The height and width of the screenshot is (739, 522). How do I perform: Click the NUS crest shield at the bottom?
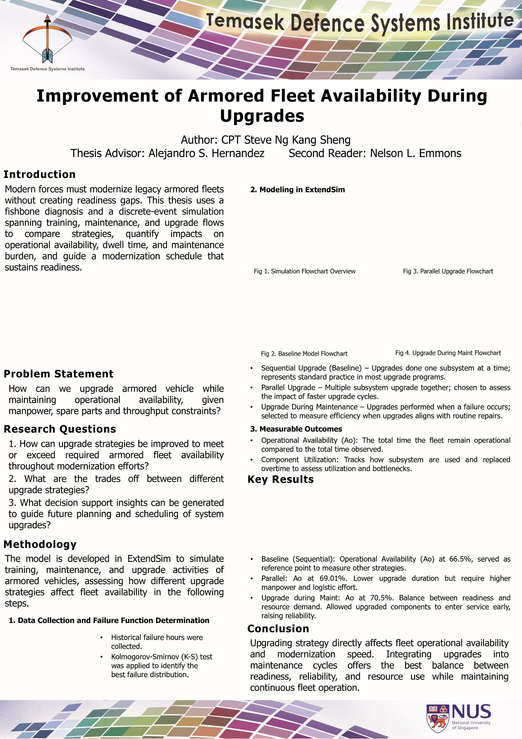(x=437, y=718)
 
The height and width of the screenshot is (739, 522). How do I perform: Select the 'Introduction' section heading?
(x=39, y=174)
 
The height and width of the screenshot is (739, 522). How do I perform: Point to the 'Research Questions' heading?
(x=60, y=429)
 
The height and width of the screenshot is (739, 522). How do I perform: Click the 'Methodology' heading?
(x=40, y=544)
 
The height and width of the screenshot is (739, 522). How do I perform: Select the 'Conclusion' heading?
(x=278, y=628)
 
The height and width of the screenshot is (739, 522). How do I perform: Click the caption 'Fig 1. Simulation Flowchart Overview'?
(x=304, y=271)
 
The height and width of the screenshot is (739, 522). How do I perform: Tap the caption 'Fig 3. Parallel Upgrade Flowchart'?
(x=448, y=271)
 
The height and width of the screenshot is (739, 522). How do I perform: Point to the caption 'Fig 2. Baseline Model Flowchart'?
(x=304, y=354)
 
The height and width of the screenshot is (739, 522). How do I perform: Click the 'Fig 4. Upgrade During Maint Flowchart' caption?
(x=448, y=353)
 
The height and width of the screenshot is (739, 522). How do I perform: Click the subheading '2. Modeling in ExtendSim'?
(x=297, y=190)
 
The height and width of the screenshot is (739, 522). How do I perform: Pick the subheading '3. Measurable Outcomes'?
(x=296, y=429)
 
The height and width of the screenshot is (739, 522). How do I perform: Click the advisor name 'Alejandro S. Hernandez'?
(x=206, y=153)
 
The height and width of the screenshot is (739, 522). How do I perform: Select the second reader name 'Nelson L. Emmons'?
(x=416, y=153)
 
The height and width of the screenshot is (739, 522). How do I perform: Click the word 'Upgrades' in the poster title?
(x=262, y=116)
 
